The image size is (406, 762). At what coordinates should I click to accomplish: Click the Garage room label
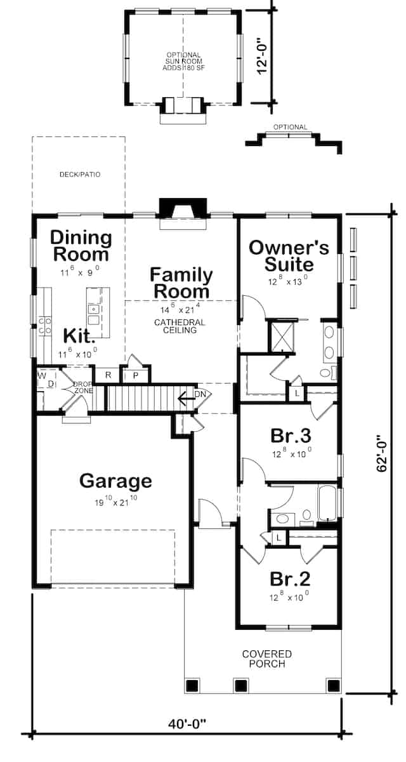(115, 481)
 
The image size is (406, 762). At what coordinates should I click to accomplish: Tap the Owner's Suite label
(289, 255)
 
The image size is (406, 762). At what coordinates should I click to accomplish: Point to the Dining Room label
(81, 246)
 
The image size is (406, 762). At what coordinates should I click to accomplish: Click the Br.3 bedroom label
(290, 436)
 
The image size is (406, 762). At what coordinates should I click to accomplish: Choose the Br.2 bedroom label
(290, 579)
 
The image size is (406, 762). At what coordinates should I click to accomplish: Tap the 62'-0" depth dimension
(382, 453)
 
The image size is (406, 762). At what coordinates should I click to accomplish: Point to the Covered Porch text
(266, 658)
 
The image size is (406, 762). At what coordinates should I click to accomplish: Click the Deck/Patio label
(80, 174)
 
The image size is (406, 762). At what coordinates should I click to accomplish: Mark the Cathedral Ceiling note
(180, 326)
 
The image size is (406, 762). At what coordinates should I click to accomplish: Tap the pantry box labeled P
(136, 375)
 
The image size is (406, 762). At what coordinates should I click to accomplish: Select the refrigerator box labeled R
(108, 375)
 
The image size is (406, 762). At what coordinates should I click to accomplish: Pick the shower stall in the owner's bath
(280, 337)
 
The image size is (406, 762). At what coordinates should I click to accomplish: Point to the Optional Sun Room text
(184, 62)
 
